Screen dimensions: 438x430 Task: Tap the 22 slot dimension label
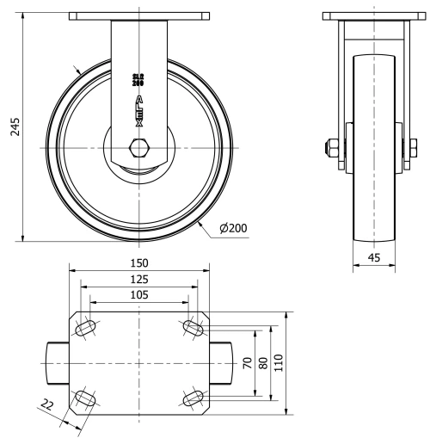click(47, 404)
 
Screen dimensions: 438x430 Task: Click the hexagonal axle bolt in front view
click(138, 146)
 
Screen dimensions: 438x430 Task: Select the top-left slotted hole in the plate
click(87, 329)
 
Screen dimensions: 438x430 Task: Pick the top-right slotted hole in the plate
click(192, 329)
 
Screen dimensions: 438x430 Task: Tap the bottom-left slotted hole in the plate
click(87, 398)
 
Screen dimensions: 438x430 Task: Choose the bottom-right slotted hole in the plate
click(192, 398)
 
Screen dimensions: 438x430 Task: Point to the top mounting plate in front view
click(138, 15)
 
